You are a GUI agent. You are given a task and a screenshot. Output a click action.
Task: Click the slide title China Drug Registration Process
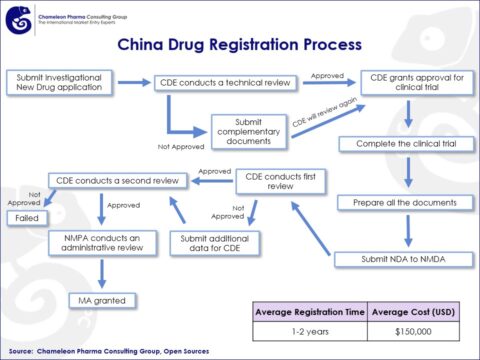pyautogui.click(x=239, y=45)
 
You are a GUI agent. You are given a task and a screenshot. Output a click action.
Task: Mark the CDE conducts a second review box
pyautogui.click(x=118, y=180)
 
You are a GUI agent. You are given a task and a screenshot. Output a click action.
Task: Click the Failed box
pyautogui.click(x=26, y=217)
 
